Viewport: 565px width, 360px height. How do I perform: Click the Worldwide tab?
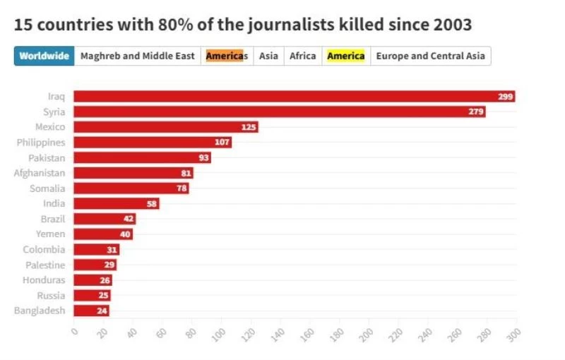click(x=44, y=56)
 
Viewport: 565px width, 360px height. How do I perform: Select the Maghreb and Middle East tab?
click(x=138, y=56)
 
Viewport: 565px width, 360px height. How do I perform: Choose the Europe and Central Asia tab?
click(x=430, y=56)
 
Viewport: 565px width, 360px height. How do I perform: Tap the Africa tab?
click(x=303, y=56)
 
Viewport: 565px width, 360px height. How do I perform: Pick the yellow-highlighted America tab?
click(x=345, y=56)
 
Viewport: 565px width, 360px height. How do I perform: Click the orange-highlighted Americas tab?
click(x=227, y=56)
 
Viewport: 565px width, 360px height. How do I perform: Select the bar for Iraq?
click(x=294, y=97)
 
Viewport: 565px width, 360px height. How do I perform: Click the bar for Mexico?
click(x=165, y=127)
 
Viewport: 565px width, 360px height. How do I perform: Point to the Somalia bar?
click(x=131, y=188)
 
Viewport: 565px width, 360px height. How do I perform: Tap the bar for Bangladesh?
click(x=91, y=311)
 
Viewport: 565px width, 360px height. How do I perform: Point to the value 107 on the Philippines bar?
click(x=222, y=143)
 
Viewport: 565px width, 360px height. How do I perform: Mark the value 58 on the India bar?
click(x=152, y=204)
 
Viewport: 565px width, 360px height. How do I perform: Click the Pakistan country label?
click(x=47, y=157)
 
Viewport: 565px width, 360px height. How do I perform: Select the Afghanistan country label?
click(x=40, y=173)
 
